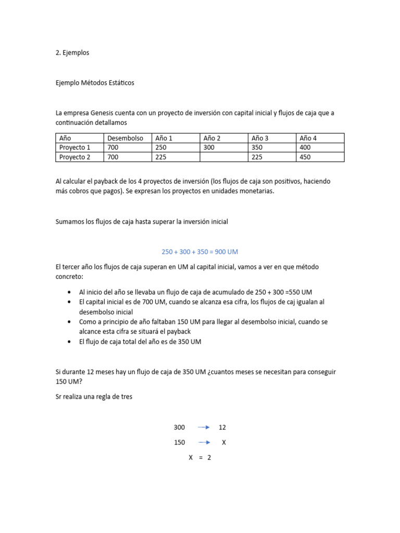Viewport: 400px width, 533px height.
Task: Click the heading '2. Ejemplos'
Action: (x=72, y=53)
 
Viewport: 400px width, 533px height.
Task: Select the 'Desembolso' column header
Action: (x=125, y=138)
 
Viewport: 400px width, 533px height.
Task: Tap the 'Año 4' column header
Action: (x=308, y=138)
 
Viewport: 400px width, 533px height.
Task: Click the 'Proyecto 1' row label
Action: (x=74, y=147)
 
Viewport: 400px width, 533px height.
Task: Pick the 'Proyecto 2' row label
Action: (x=74, y=157)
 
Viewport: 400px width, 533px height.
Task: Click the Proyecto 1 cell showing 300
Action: (x=209, y=147)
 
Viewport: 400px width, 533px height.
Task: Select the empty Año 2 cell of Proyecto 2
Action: (x=223, y=157)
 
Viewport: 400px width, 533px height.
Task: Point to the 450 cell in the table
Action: (x=305, y=157)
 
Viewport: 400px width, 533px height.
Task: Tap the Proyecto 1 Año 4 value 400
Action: (x=305, y=147)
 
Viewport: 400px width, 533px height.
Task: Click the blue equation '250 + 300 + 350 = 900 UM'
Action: (x=199, y=252)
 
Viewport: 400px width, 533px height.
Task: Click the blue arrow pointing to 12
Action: (x=204, y=427)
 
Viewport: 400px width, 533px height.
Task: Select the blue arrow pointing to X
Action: (x=204, y=442)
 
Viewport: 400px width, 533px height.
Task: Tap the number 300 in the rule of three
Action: (x=179, y=427)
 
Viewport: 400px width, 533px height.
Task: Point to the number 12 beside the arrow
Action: (x=222, y=427)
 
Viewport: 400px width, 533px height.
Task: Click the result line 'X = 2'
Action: (x=199, y=458)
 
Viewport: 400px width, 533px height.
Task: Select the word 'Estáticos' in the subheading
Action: (x=120, y=83)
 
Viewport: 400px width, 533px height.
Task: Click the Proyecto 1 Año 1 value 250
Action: (x=161, y=147)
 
